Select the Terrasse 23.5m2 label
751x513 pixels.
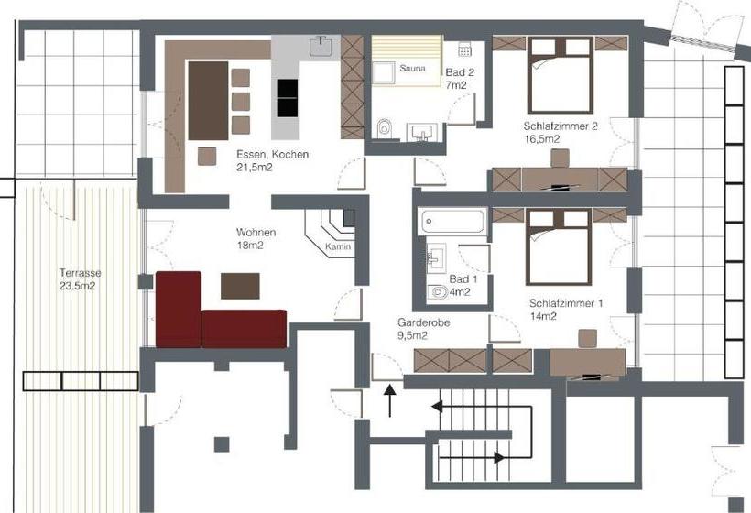pyautogui.click(x=81, y=278)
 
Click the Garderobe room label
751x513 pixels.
pyautogui.click(x=423, y=328)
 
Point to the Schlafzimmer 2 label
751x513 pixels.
pyautogui.click(x=561, y=133)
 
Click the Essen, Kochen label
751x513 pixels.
pyautogui.click(x=272, y=160)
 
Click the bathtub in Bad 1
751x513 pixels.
pyautogui.click(x=452, y=222)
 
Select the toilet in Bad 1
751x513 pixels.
pyautogui.click(x=439, y=291)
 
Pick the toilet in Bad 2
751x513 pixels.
pyautogui.click(x=385, y=128)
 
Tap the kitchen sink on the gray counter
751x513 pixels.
pyautogui.click(x=322, y=45)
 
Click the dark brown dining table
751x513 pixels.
pyautogui.click(x=207, y=100)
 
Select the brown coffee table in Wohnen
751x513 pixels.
pyautogui.click(x=240, y=287)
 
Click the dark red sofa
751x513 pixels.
pyautogui.click(x=219, y=316)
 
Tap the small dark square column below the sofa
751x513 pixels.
pyautogui.click(x=222, y=444)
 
